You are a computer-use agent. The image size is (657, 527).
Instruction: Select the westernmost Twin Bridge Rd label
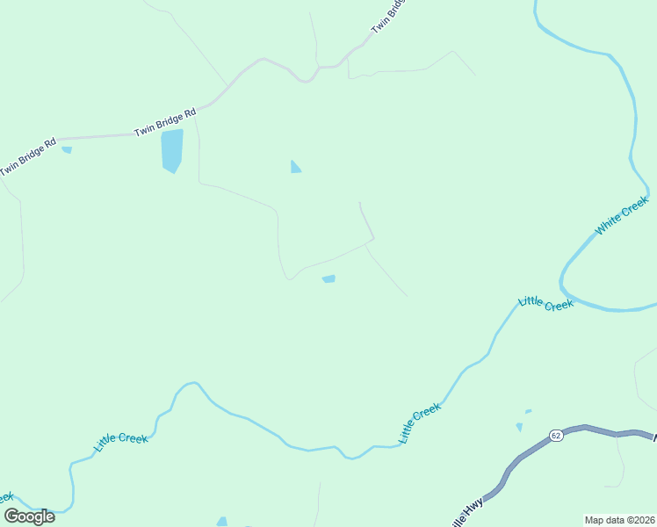coord(27,155)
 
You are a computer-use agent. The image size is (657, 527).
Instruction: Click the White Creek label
coord(621,215)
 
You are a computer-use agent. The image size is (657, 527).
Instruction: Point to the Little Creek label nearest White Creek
coord(545,303)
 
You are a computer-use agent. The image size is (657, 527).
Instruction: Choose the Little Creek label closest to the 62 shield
coord(420,422)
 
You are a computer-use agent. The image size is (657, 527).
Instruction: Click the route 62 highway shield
coord(555,436)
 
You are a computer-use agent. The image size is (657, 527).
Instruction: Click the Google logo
coord(29,516)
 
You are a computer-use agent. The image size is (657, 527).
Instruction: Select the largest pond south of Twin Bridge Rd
coord(172,149)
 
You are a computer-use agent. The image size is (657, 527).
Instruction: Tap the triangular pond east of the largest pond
coord(295,167)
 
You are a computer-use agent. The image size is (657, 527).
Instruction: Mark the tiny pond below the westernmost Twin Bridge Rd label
coord(67,150)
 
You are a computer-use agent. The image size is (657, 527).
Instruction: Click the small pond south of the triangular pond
coord(328,279)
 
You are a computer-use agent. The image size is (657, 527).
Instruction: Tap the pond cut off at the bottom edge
coord(221,522)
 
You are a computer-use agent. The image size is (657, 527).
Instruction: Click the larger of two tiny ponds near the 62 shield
coord(519,427)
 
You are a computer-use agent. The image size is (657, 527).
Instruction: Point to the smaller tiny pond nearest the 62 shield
coord(528,411)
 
